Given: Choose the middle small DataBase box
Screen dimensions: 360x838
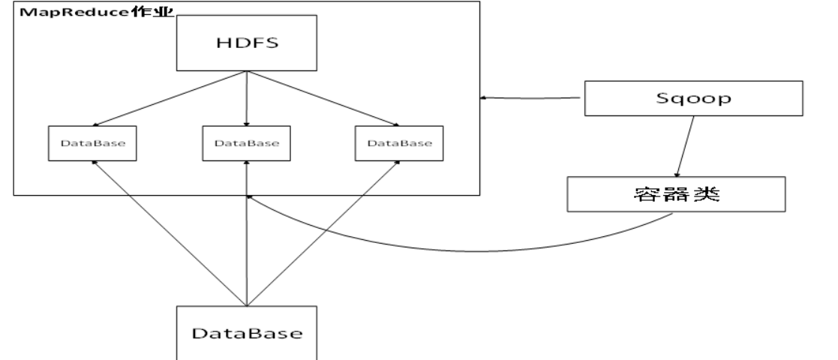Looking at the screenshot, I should coord(246,141).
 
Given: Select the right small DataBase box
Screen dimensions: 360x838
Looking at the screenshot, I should coord(398,141).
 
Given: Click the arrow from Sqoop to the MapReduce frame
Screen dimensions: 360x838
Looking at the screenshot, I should coord(533,97).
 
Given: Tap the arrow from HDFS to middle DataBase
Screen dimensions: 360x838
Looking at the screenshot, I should coord(247,97).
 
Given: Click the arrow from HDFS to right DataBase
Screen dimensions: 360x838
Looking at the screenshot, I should coord(323,97).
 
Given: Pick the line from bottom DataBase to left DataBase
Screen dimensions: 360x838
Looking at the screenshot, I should coord(169,232).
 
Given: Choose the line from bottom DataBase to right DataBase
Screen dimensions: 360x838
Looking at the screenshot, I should coord(323,232).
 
